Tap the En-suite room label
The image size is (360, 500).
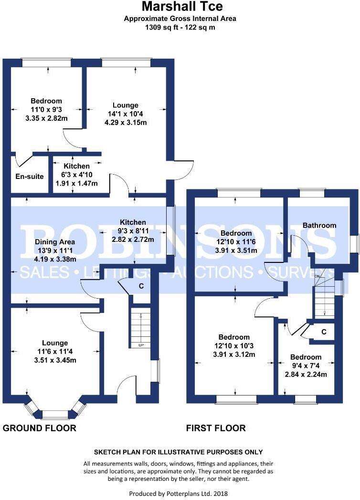pos(30,177)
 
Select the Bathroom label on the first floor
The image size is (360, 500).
pos(319,225)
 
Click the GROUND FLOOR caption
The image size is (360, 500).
pos(40,428)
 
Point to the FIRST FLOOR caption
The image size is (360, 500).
pos(216,428)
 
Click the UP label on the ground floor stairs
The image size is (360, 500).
pos(140,345)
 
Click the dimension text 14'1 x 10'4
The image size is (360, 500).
pos(126,114)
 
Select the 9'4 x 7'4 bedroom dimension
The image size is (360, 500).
pos(306,366)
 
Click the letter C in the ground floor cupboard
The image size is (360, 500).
pos(141,286)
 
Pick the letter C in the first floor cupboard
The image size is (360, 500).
pos(324,332)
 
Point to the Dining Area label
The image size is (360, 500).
pos(55,241)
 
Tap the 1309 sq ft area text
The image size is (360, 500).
pos(180,27)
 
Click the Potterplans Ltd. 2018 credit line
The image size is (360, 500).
pos(180,492)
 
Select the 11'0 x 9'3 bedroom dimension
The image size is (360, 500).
pos(46,109)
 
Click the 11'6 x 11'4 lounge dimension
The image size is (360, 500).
pos(55,352)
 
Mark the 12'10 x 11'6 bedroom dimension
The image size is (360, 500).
pos(236,242)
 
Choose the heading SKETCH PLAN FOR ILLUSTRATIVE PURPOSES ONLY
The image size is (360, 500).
pos(178,452)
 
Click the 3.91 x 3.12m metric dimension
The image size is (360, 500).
pos(234,354)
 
